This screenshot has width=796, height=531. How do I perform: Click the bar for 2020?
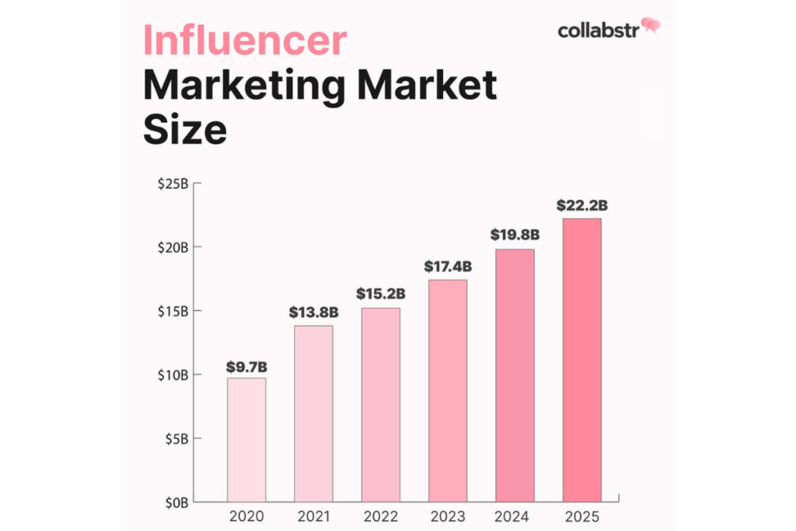[x=246, y=439]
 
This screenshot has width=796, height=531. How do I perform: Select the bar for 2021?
[x=313, y=414]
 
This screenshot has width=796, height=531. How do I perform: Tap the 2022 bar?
[x=380, y=404]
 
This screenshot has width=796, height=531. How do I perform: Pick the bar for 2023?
[x=447, y=390]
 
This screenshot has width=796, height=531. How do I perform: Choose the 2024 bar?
[x=515, y=376]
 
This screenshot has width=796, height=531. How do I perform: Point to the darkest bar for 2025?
[x=581, y=360]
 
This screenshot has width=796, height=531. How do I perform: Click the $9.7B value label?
[x=246, y=365]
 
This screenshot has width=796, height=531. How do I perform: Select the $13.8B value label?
[x=313, y=313]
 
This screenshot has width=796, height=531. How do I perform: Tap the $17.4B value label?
[x=447, y=267]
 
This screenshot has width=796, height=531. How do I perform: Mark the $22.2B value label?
[x=581, y=206]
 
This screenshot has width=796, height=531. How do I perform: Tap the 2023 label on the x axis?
[x=447, y=517]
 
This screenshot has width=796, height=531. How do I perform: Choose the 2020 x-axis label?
[x=246, y=517]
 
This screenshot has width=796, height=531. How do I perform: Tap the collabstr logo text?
[x=598, y=30]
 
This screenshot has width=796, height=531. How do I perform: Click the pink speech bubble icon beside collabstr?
[x=651, y=26]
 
